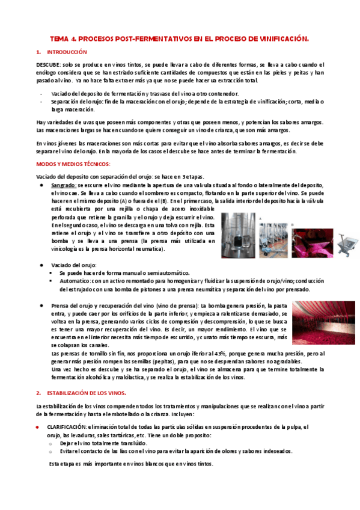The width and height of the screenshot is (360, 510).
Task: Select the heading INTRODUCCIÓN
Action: click(67, 52)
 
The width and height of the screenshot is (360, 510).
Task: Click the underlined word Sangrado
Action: click(63, 186)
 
